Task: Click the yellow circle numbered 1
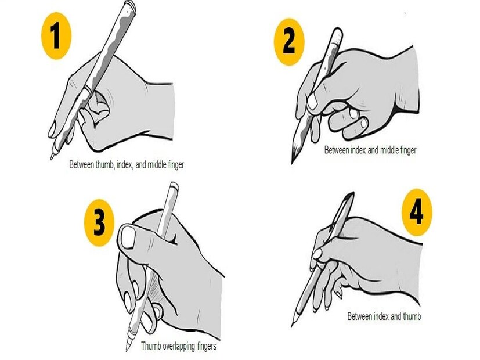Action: click(x=56, y=36)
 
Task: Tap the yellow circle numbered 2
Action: click(x=289, y=42)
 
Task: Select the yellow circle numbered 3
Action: click(x=99, y=222)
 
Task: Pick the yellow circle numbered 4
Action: click(x=417, y=212)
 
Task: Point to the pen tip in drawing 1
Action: click(x=52, y=158)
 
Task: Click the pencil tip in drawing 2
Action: click(x=292, y=162)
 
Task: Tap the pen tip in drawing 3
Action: click(x=127, y=349)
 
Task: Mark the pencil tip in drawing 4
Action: click(x=292, y=325)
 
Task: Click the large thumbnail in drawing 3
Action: click(x=128, y=238)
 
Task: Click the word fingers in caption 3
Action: click(x=207, y=346)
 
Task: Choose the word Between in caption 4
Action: click(x=359, y=316)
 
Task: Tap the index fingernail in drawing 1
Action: click(x=52, y=129)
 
